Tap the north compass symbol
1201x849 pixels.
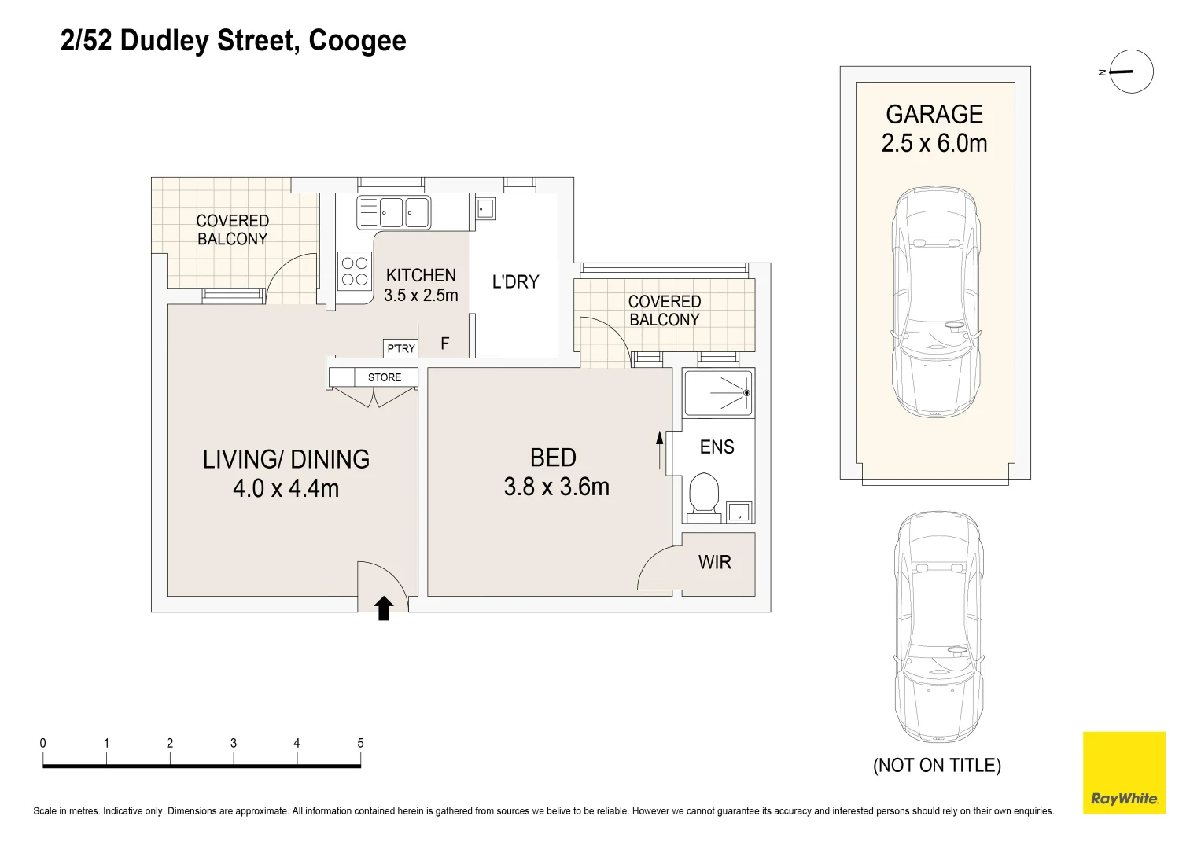click(x=1127, y=72)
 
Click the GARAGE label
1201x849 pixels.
click(x=934, y=114)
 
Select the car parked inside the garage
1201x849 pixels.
click(x=936, y=302)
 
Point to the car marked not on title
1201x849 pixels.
click(x=938, y=627)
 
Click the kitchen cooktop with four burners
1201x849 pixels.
click(x=355, y=271)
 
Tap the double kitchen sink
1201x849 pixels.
click(x=393, y=212)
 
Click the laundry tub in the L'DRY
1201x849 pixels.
click(x=485, y=208)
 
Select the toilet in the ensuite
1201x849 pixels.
click(x=703, y=497)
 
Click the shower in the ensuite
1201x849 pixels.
click(x=718, y=393)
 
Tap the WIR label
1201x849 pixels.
click(x=714, y=562)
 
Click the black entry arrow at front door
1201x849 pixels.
click(x=383, y=608)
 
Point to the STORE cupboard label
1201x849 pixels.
click(x=385, y=377)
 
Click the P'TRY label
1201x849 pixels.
click(x=401, y=349)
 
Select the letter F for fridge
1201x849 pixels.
click(x=444, y=344)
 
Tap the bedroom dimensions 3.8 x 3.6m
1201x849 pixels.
click(x=557, y=487)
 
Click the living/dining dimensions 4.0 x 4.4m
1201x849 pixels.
click(x=286, y=488)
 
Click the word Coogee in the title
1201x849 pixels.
click(x=357, y=41)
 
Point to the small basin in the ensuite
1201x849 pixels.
click(x=739, y=511)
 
